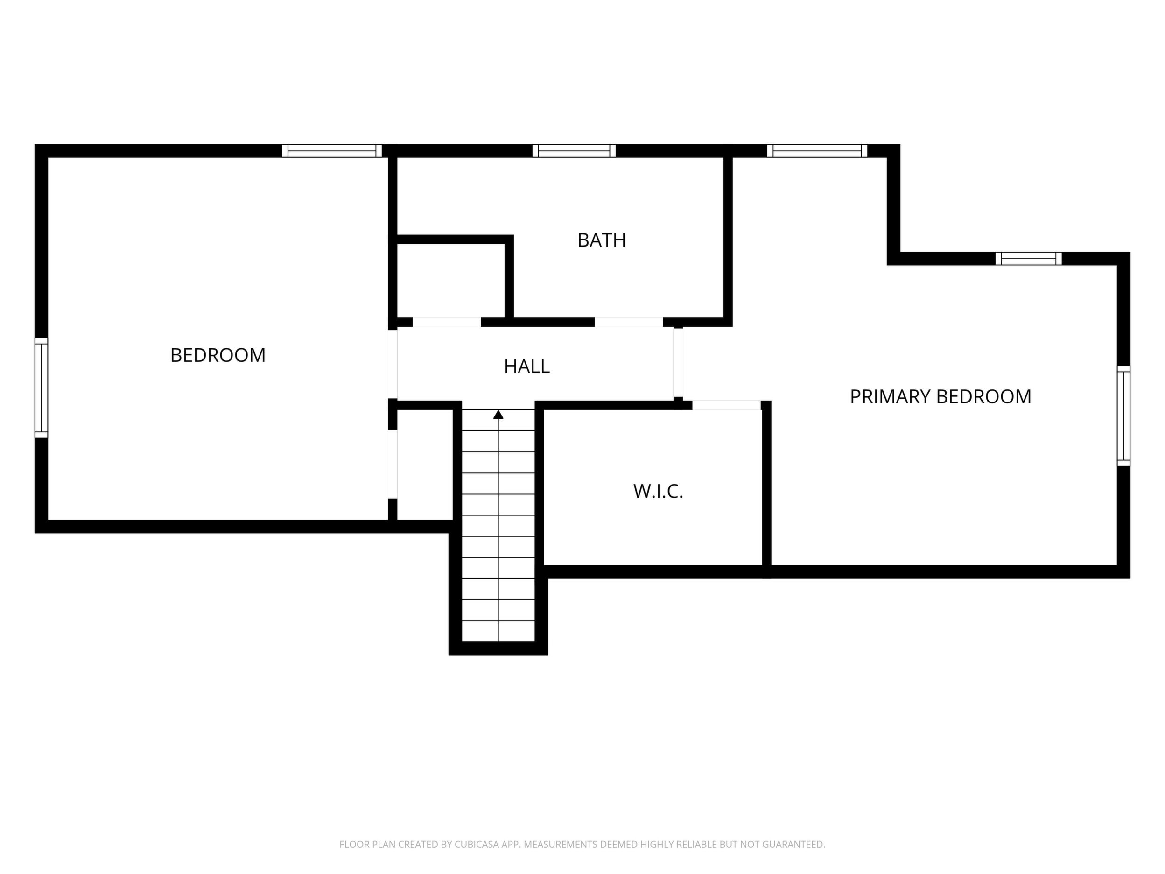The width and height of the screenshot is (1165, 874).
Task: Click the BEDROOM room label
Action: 218,355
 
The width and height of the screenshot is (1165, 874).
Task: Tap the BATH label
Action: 602,240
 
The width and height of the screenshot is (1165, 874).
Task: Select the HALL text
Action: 526,366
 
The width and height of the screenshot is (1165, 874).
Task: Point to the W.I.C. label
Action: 658,491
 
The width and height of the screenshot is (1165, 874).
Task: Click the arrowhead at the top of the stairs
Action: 498,415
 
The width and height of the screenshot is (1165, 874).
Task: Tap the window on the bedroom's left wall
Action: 41,388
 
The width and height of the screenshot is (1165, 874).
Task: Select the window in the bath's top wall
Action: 574,151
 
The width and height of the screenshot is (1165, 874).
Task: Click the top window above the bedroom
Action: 332,151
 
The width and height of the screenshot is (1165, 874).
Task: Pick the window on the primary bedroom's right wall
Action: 1123,416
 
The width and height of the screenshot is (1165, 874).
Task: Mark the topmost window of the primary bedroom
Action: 817,151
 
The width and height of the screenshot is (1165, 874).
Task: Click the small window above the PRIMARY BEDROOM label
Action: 1028,259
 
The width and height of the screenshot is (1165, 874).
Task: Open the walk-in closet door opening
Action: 726,405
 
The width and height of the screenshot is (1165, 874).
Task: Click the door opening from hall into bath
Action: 629,322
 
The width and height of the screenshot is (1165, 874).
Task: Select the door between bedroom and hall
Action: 393,364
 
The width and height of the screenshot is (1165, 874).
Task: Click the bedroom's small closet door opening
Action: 393,464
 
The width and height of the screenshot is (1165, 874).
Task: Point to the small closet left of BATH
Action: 451,280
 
